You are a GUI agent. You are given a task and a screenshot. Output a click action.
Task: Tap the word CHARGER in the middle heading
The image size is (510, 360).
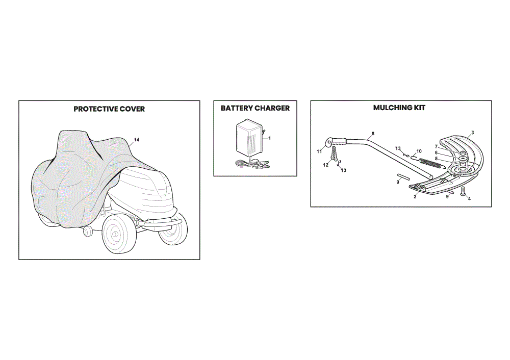272,108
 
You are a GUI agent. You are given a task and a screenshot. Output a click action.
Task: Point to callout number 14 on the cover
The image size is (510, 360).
137,140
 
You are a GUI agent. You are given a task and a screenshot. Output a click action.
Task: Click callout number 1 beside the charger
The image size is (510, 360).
270,138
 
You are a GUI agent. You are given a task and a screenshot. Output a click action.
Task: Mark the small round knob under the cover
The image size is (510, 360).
87,232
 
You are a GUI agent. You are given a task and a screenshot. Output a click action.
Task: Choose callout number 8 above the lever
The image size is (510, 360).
373,134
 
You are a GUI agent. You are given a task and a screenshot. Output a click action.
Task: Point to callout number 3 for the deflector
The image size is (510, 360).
473,133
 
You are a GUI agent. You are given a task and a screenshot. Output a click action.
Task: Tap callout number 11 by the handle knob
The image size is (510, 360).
319,151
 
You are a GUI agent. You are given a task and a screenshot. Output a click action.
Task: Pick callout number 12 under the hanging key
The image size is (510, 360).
325,165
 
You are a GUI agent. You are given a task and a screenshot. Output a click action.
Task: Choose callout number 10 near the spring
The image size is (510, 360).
419,151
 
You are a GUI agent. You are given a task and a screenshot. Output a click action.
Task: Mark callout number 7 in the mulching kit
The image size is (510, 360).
436,147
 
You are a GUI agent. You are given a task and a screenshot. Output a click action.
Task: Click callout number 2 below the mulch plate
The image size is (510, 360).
415,197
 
